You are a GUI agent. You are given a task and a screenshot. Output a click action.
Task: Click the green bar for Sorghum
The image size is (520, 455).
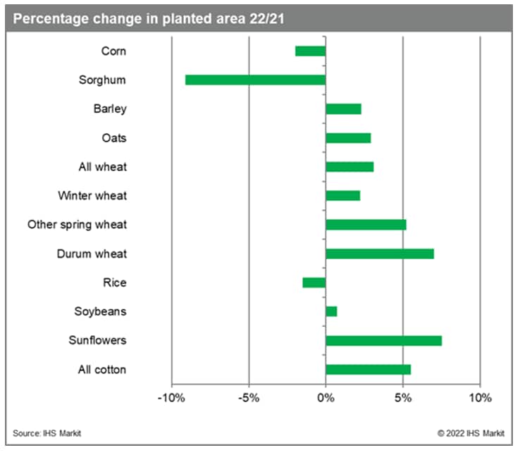pyautogui.click(x=255, y=80)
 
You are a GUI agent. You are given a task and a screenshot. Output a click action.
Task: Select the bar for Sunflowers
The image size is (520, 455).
pyautogui.click(x=383, y=340)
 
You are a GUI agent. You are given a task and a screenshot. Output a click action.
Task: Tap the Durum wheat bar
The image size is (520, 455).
pyautogui.click(x=379, y=254)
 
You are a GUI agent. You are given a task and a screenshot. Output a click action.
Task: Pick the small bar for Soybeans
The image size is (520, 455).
pyautogui.click(x=331, y=311)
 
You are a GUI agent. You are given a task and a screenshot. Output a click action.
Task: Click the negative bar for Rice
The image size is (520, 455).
pyautogui.click(x=314, y=282)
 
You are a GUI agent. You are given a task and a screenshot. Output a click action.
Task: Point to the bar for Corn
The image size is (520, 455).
pyautogui.click(x=310, y=51)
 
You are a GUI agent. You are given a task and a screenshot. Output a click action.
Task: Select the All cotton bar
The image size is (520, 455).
pyautogui.click(x=368, y=369)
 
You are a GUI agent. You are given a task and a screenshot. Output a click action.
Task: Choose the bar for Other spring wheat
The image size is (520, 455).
pyautogui.click(x=366, y=225)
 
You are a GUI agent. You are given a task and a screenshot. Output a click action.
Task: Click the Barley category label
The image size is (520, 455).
pyautogui.click(x=109, y=108)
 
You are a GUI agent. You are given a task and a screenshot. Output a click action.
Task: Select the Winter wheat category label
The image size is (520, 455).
pyautogui.click(x=92, y=196)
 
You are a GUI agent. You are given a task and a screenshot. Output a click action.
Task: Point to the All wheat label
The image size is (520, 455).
pyautogui.click(x=102, y=167)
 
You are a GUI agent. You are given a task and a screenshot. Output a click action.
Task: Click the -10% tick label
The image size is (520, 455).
pyautogui.click(x=171, y=398)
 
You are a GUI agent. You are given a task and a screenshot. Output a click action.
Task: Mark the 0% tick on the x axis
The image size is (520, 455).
pyautogui.click(x=326, y=398)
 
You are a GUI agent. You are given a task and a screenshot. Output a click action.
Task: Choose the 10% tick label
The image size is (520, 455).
pyautogui.click(x=480, y=398)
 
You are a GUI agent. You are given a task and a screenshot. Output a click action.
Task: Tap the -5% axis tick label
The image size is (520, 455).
pyautogui.click(x=249, y=398)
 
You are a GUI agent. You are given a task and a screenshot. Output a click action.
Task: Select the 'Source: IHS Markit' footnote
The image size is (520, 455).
pyautogui.click(x=47, y=433)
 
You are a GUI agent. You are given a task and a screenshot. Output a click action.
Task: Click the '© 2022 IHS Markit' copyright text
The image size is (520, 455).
pyautogui.click(x=471, y=433)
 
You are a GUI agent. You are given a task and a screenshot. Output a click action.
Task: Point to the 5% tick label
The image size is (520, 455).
pyautogui.click(x=402, y=398)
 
